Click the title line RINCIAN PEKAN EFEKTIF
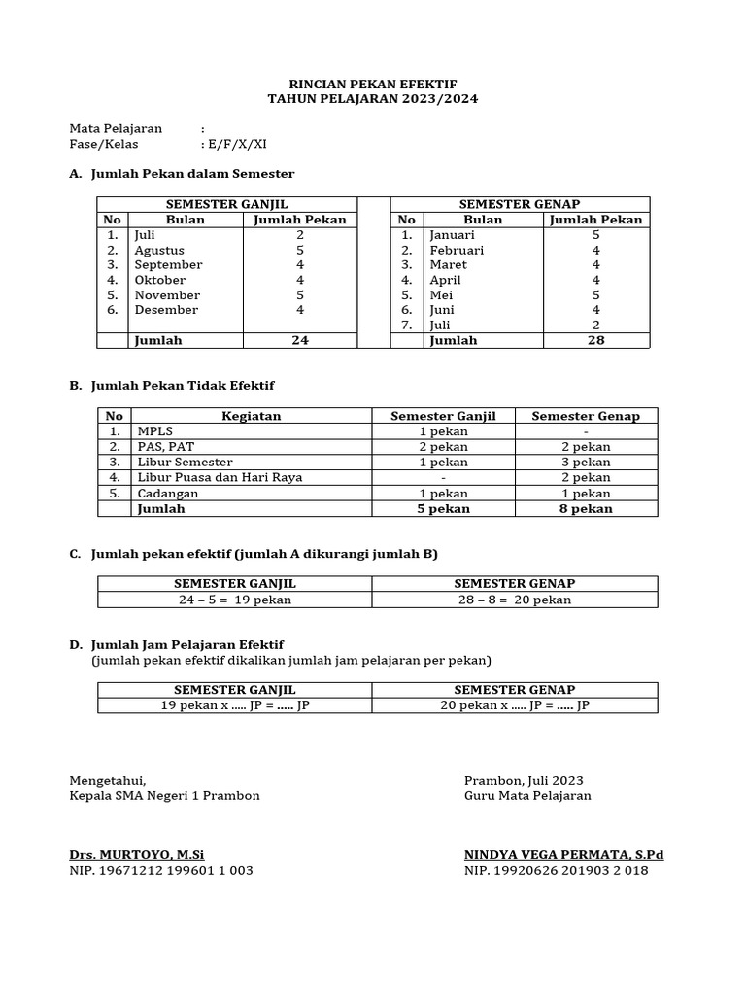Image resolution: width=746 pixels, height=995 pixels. (x=373, y=85)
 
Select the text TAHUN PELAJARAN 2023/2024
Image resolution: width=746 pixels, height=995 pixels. (x=373, y=99)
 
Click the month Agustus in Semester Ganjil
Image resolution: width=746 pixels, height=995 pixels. (x=159, y=250)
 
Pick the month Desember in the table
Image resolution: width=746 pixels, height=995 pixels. (x=166, y=310)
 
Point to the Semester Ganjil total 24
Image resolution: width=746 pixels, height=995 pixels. (x=300, y=341)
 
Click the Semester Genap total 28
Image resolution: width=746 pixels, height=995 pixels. (x=595, y=341)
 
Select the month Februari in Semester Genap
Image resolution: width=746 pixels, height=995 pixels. (x=457, y=250)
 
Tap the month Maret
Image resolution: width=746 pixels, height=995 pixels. (x=449, y=264)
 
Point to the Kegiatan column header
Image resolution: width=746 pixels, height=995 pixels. (x=251, y=416)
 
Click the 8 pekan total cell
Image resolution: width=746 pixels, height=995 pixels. (x=586, y=508)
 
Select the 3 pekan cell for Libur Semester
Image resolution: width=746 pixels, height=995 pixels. (x=586, y=462)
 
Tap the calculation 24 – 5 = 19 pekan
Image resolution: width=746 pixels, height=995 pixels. (x=234, y=600)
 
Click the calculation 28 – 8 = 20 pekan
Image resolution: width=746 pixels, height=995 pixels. (x=515, y=600)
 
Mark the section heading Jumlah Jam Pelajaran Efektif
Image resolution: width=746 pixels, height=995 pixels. (x=186, y=645)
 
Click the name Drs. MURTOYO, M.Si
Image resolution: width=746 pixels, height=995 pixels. (x=137, y=855)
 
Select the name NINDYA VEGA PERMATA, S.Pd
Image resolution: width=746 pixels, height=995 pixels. (x=563, y=855)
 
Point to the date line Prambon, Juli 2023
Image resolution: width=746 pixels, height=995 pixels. (x=524, y=780)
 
